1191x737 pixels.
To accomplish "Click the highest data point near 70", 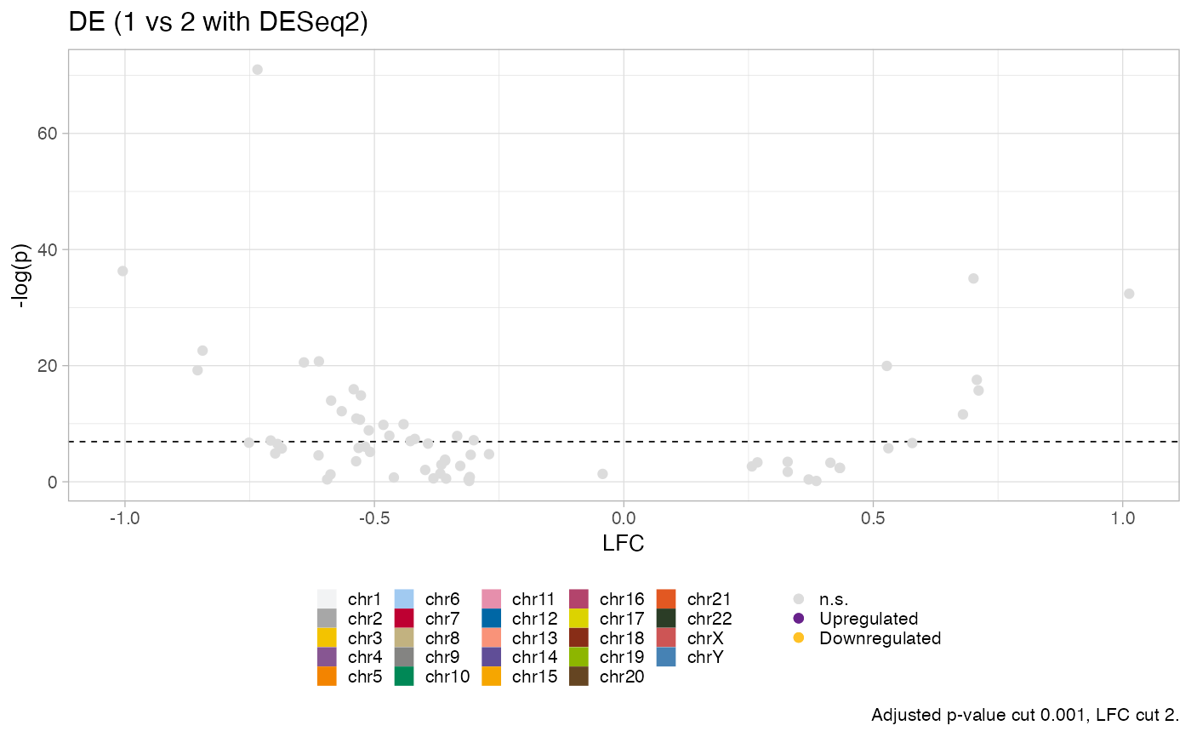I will (x=257, y=70).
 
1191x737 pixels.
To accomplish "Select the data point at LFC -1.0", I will (x=123, y=271).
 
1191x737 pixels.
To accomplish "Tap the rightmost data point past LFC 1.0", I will (x=1129, y=294).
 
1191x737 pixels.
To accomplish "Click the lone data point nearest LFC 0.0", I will (x=602, y=473).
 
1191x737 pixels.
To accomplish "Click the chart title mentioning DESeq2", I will (x=218, y=24).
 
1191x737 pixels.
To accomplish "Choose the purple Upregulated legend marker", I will (x=798, y=618).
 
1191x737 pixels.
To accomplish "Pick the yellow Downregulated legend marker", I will (x=798, y=637).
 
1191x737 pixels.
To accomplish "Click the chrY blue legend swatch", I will (x=668, y=657).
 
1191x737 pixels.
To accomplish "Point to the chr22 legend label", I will (x=709, y=618).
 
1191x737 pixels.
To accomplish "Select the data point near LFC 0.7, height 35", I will (x=973, y=278).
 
